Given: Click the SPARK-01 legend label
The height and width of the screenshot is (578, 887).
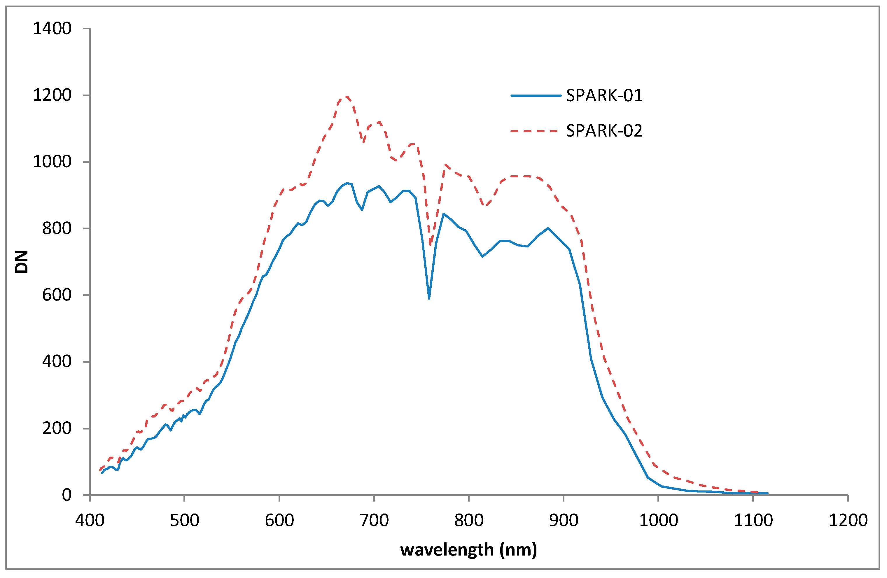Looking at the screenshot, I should (604, 96).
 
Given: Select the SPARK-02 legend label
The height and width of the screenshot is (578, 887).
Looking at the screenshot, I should (604, 131).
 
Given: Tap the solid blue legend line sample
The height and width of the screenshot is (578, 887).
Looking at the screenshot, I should (536, 96).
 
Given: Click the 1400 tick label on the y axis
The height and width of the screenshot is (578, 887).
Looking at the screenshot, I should (52, 29).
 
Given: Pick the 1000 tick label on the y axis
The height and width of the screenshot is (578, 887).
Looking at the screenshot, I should (52, 162).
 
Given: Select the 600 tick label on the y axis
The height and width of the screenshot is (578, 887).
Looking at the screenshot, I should (57, 295).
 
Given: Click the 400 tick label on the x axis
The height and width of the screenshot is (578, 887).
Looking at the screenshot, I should (90, 520).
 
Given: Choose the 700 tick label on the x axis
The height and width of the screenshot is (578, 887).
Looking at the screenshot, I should (374, 520).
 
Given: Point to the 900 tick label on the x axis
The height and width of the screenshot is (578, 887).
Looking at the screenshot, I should (564, 520).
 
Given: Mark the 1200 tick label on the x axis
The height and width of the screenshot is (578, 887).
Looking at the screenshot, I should (848, 520).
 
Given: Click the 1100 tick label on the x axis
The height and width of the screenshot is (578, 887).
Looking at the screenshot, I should (753, 520).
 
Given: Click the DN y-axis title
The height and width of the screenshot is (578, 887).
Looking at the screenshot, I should (22, 262).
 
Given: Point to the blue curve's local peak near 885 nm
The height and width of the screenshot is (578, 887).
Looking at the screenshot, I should (548, 228).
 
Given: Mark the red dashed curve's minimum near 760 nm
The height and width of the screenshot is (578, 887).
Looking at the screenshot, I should (431, 245).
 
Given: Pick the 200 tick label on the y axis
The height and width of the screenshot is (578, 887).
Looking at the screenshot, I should (57, 428).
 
